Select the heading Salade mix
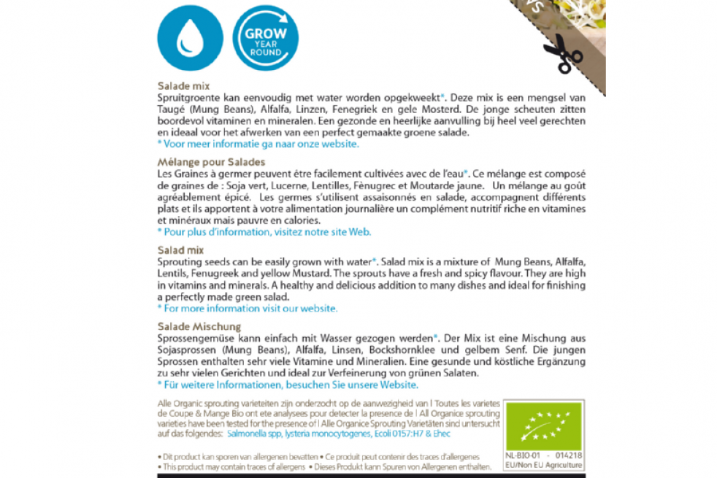pyautogui.click(x=183, y=86)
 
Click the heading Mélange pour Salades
pyautogui.click(x=211, y=162)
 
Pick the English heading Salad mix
pyautogui.click(x=180, y=250)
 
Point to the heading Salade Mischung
pyautogui.click(x=199, y=326)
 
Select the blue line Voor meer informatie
pyautogui.click(x=258, y=144)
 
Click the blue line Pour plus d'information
pyautogui.click(x=264, y=232)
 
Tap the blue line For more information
pyautogui.click(x=248, y=309)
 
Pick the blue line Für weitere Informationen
pyautogui.click(x=288, y=385)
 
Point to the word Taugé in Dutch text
pyautogui.click(x=171, y=109)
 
